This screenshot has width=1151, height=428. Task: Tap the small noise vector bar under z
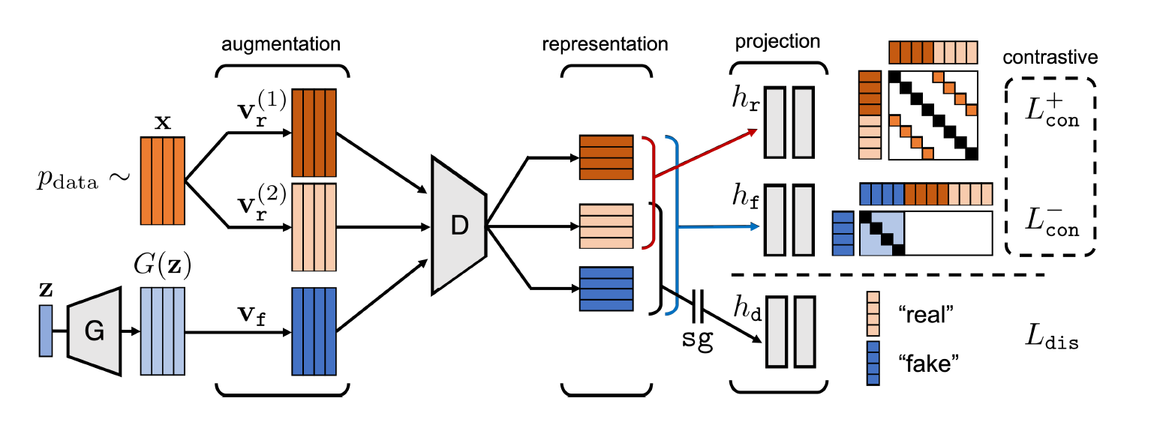click(x=46, y=331)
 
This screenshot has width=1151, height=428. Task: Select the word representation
click(x=605, y=44)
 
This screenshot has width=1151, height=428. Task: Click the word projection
click(x=777, y=41)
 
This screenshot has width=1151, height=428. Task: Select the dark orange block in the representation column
click(x=606, y=157)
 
